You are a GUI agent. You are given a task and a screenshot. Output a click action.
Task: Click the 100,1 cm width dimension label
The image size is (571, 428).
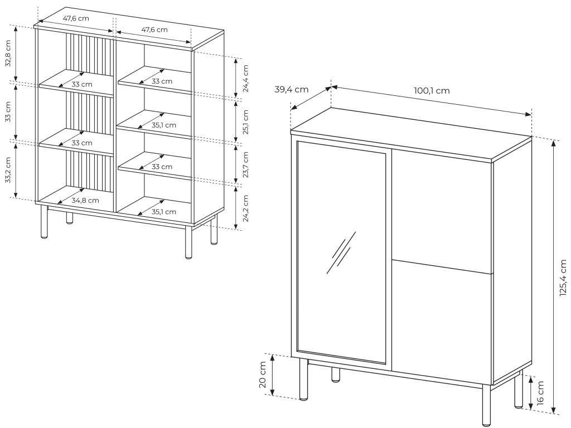point(431,91)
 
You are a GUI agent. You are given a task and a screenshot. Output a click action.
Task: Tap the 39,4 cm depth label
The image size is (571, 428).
point(292,89)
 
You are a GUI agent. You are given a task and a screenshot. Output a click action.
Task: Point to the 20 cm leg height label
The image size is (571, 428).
point(263,375)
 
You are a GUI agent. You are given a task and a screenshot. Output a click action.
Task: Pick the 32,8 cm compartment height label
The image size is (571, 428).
point(8,53)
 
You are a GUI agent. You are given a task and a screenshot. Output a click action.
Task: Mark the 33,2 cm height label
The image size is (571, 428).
point(8,171)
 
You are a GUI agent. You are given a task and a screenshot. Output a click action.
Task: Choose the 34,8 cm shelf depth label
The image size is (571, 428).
point(85,200)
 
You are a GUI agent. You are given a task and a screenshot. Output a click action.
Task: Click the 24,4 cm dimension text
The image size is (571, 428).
point(245,78)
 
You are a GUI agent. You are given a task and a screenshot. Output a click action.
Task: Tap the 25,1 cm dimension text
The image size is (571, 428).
point(245,121)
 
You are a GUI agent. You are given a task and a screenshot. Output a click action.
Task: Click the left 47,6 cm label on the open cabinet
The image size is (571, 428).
point(76,18)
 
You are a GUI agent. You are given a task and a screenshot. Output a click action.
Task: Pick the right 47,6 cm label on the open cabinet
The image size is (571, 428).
point(154,30)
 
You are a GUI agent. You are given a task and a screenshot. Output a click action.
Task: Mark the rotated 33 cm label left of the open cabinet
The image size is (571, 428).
point(8,112)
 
